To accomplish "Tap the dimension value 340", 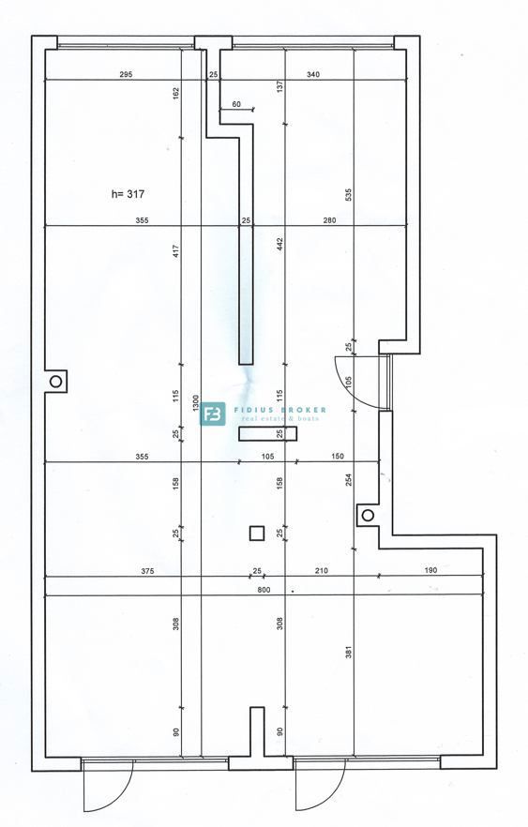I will click(312, 74).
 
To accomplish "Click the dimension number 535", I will click(348, 195).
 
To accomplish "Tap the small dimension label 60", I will click(235, 104).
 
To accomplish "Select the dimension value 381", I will click(348, 652).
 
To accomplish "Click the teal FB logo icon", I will click(213, 413).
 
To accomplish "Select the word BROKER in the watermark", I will click(301, 410).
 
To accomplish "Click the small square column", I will click(256, 533).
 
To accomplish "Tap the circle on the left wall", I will click(56, 382).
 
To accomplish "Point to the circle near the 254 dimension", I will click(369, 515).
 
